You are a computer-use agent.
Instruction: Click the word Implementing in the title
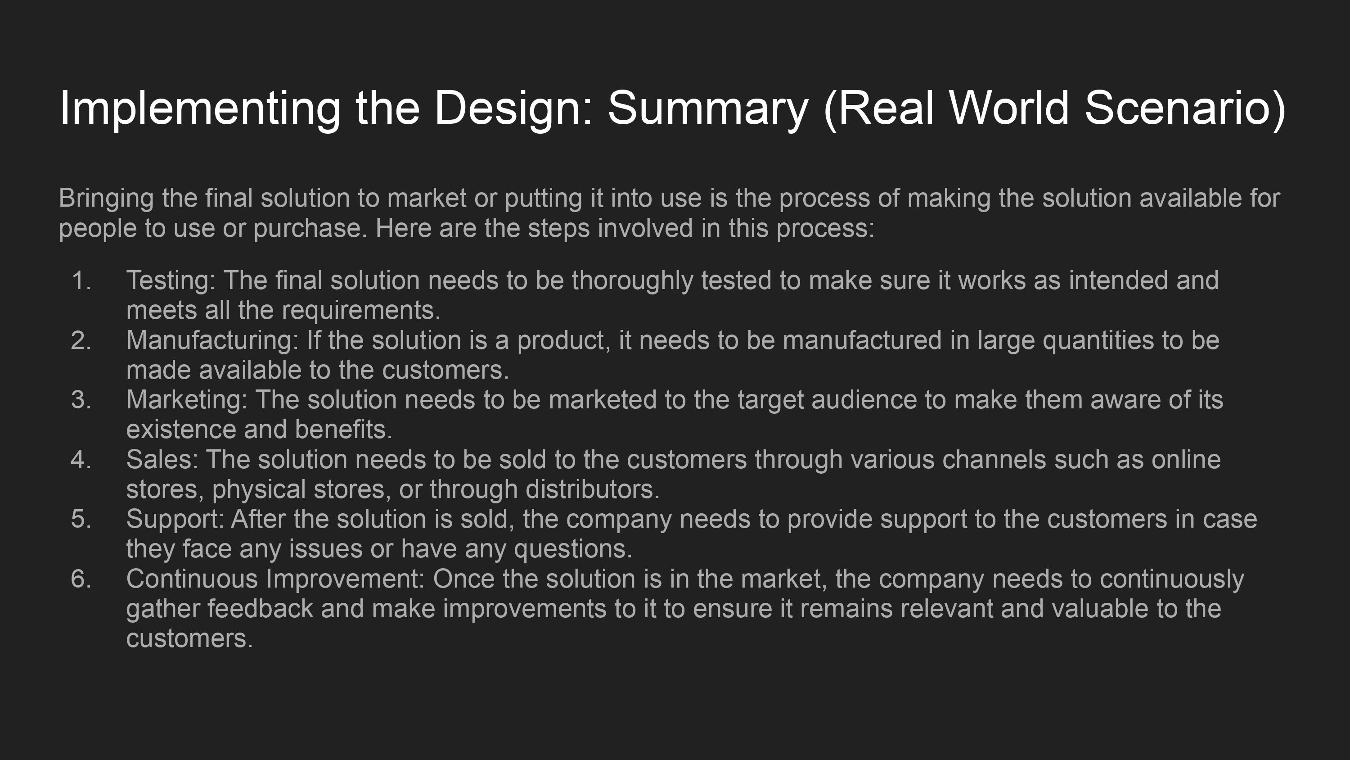pos(200,109)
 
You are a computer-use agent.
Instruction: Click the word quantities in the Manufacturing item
pos(1098,341)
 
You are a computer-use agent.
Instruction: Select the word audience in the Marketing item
pos(865,400)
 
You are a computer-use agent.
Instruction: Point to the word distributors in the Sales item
pos(592,489)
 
